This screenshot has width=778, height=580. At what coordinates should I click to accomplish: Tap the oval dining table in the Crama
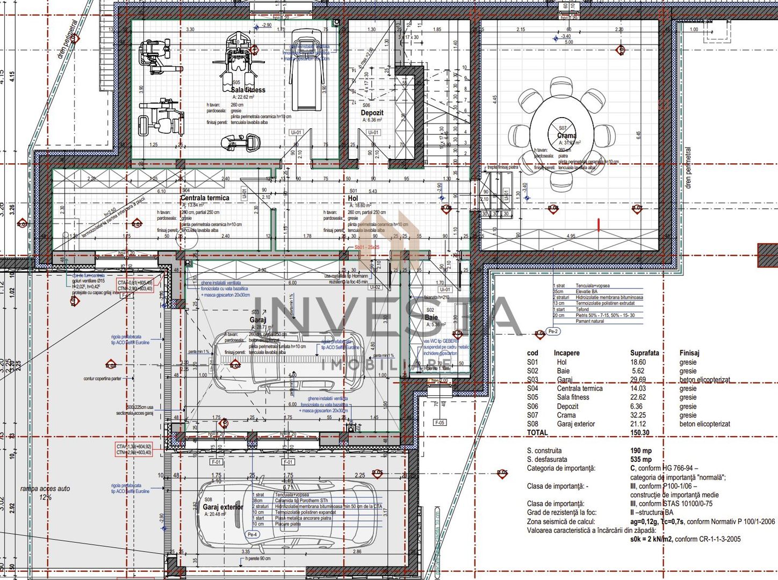point(561,134)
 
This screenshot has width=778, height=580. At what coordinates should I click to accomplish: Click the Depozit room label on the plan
point(372,113)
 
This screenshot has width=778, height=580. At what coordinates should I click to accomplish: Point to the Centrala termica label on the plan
point(205,198)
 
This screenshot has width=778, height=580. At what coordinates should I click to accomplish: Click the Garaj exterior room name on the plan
point(222,506)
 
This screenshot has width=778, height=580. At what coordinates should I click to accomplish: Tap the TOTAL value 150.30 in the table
point(639,432)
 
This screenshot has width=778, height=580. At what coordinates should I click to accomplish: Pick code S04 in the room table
point(532,388)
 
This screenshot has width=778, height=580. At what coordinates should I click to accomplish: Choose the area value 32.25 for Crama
point(638,415)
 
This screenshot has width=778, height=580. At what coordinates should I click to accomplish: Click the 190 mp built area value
point(641,451)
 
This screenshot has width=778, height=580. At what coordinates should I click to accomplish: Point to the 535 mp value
point(641,459)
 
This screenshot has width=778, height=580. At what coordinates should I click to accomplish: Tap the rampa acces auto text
point(45,489)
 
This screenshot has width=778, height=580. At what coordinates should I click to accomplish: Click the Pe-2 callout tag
point(553,331)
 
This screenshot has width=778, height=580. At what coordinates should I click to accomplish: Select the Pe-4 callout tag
point(252,534)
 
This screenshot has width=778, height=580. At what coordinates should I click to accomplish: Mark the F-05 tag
point(440,423)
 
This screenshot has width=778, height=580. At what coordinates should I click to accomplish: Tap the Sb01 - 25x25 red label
point(366,247)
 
